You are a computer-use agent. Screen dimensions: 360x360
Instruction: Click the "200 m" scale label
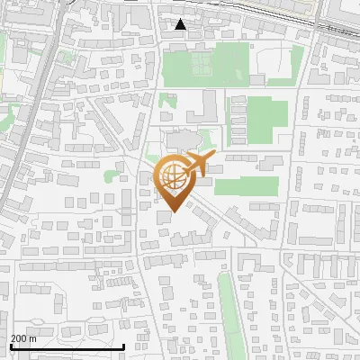[23, 338]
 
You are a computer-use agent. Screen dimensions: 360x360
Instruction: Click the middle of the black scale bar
[67, 346]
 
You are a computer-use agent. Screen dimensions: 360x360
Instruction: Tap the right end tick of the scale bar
[124, 346]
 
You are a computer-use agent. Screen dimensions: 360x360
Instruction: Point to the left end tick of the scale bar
[11, 346]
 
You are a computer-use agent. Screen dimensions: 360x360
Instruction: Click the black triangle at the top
[181, 24]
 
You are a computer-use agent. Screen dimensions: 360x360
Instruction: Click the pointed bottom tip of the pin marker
[175, 212]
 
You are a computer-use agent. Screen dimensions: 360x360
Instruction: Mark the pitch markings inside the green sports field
[201, 62]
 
